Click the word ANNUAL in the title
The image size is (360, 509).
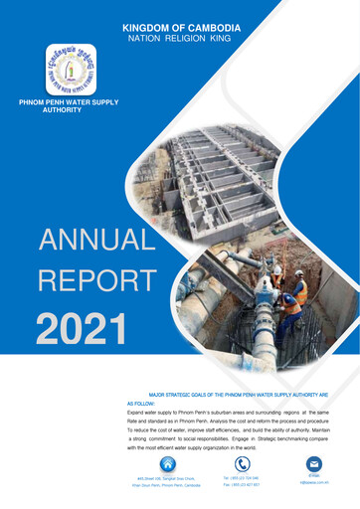pos(96,240)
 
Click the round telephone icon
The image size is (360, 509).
pos(243,463)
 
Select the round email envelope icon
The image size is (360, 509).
pos(314,464)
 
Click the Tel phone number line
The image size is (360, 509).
pos(242,478)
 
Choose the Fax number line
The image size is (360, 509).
pos(242,485)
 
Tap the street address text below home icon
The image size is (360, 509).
pos(168,481)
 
